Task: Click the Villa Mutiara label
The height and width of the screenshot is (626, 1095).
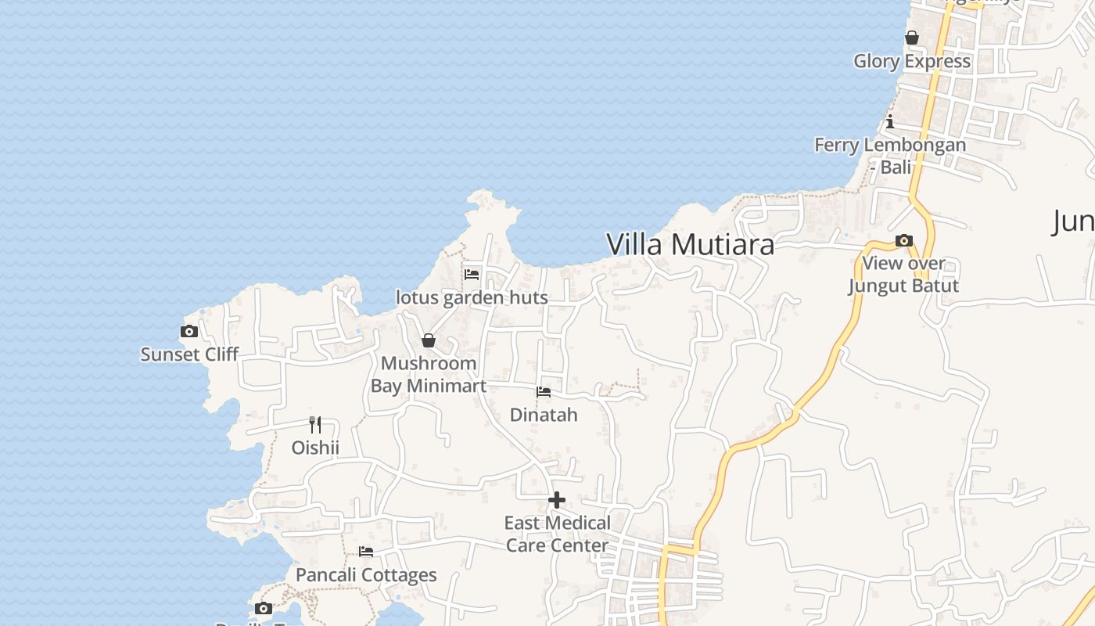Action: pyautogui.click(x=690, y=244)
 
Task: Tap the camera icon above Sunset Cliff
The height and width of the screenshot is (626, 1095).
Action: pyautogui.click(x=188, y=332)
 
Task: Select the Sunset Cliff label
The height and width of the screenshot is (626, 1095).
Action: pyautogui.click(x=189, y=354)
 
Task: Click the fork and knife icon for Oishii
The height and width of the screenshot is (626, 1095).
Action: pyautogui.click(x=315, y=425)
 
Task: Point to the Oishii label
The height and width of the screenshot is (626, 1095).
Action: pyautogui.click(x=315, y=448)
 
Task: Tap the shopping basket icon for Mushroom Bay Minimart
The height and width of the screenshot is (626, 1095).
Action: pyautogui.click(x=429, y=340)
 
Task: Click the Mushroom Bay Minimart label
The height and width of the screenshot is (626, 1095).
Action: pyautogui.click(x=429, y=374)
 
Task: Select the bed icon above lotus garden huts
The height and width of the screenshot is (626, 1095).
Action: pyautogui.click(x=472, y=275)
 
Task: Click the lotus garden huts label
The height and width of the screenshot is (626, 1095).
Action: pyautogui.click(x=472, y=298)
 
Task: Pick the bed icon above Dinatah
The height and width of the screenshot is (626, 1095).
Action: pyautogui.click(x=544, y=391)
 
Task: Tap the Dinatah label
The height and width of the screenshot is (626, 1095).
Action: pyautogui.click(x=544, y=415)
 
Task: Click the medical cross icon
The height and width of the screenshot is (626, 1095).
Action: pyautogui.click(x=557, y=500)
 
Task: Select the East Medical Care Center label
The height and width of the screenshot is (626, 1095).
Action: pyautogui.click(x=557, y=534)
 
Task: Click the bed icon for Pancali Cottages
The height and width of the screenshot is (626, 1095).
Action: pyautogui.click(x=365, y=552)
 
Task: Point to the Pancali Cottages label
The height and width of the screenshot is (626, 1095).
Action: pyautogui.click(x=366, y=575)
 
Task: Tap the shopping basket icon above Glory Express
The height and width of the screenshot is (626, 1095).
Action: pyautogui.click(x=912, y=38)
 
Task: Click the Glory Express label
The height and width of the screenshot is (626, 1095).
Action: pyautogui.click(x=912, y=61)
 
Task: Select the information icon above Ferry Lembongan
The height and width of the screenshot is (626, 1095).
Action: pyautogui.click(x=890, y=121)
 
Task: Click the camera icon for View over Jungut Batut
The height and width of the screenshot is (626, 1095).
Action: pyautogui.click(x=904, y=240)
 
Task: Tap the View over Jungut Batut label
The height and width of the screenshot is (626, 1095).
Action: pyautogui.click(x=904, y=275)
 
